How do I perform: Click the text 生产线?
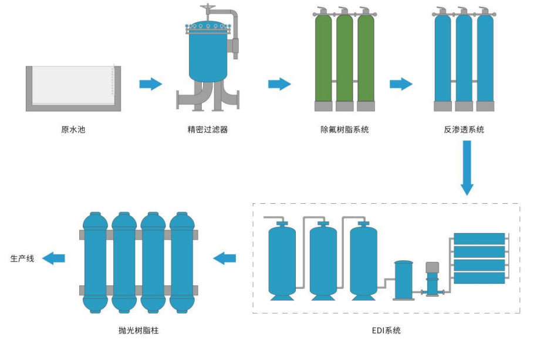22,258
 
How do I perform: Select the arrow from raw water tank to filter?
150,84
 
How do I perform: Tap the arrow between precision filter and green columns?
279,84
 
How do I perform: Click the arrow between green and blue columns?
401,84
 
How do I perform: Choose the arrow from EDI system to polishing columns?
224,258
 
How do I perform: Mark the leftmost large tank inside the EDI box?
282,258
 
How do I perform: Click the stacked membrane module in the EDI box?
479,258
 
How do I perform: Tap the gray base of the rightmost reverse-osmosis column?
485,106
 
